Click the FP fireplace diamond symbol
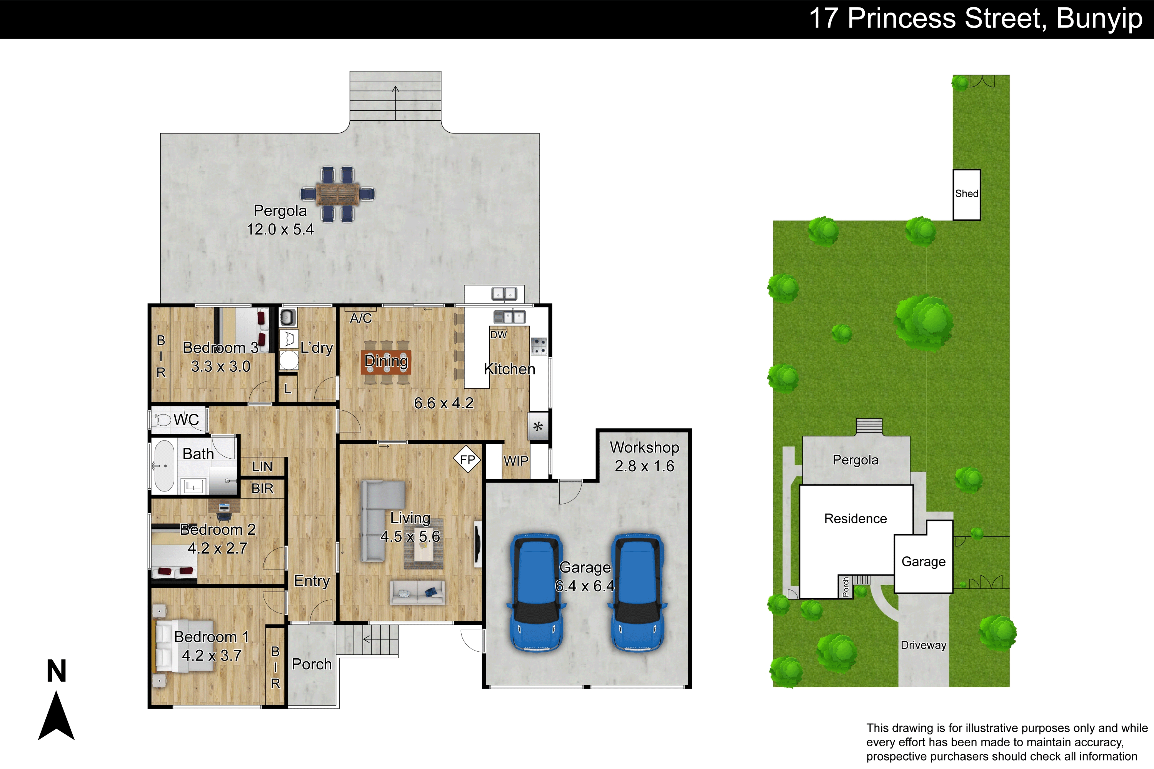click(x=467, y=459)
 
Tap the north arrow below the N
click(x=57, y=716)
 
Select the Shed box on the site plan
click(x=967, y=195)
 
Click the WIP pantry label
click(x=516, y=461)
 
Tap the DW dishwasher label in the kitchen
click(x=499, y=335)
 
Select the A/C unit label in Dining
click(x=361, y=318)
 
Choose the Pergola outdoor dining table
click(x=338, y=194)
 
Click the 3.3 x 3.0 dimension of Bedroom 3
click(x=221, y=366)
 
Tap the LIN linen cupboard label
click(x=262, y=466)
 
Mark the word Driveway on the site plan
click(x=924, y=646)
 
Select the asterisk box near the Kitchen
click(x=538, y=426)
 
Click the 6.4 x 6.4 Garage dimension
click(x=585, y=586)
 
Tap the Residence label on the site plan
click(x=855, y=518)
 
